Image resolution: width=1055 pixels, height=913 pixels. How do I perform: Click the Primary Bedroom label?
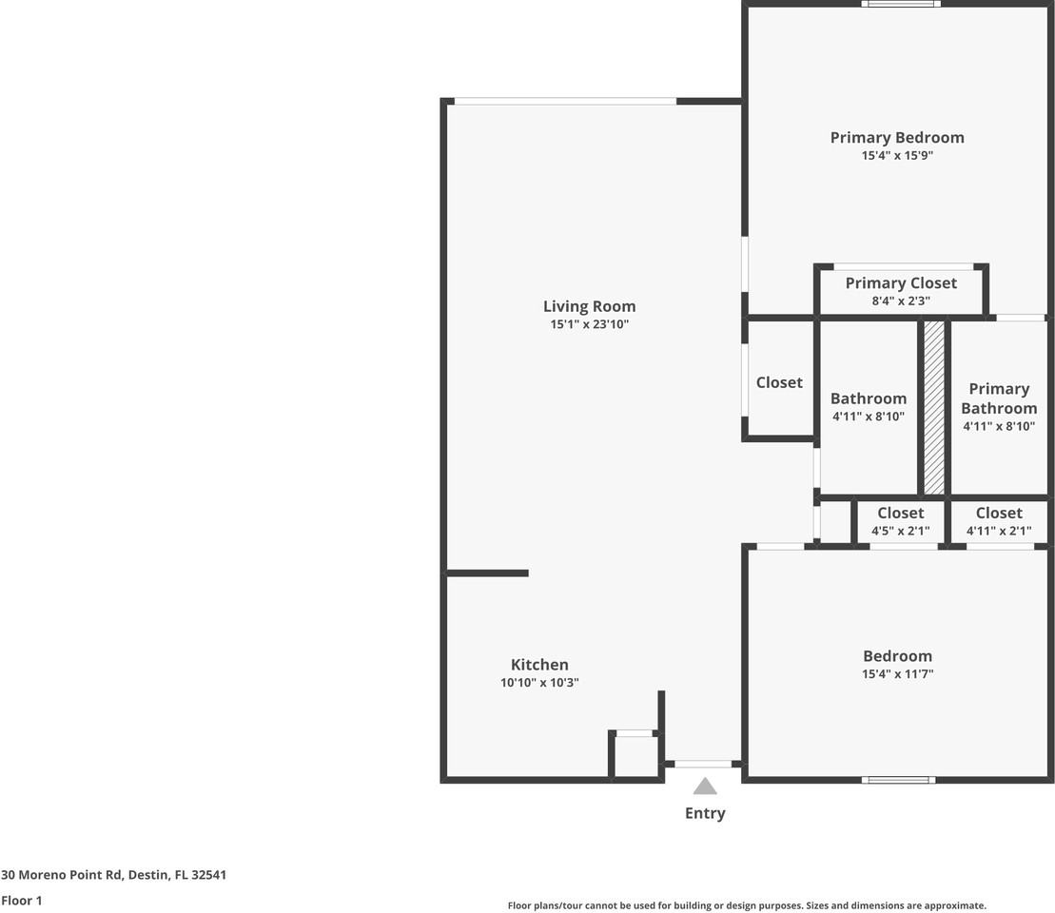(896, 137)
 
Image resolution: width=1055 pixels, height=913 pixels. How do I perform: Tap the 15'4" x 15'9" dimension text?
(896, 155)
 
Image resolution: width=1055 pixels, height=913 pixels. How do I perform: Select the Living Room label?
(589, 306)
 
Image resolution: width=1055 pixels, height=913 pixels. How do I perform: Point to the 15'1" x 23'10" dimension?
(589, 324)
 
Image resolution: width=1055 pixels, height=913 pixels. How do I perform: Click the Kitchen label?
(539, 665)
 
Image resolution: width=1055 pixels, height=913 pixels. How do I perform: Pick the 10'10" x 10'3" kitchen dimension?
(539, 683)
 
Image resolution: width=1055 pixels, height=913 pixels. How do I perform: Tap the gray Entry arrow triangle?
(705, 787)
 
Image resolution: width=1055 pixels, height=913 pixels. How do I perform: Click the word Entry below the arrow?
(705, 813)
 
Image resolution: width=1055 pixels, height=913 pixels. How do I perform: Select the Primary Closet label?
(901, 282)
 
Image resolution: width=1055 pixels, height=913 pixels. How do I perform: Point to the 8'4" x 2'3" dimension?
(901, 301)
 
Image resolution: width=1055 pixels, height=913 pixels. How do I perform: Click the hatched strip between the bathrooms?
(934, 407)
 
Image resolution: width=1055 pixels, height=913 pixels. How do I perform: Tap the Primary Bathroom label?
(999, 398)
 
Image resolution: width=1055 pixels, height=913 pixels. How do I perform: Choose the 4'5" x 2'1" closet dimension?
(900, 532)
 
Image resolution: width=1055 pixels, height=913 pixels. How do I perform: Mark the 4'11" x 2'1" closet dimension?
(999, 532)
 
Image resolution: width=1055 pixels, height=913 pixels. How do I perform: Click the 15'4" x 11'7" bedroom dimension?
(897, 674)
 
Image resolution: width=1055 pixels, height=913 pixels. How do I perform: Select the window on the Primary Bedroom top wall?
(901, 4)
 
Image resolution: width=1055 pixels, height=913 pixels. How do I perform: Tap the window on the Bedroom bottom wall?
(898, 780)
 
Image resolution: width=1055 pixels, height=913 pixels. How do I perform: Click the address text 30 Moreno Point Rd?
(113, 875)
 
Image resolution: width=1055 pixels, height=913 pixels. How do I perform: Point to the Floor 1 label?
(22, 900)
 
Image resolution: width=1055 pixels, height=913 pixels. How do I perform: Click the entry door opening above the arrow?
(703, 764)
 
